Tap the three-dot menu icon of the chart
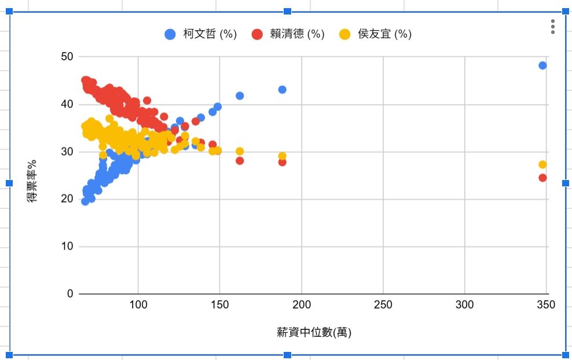553,27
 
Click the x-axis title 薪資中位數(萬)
314,333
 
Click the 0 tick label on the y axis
70,294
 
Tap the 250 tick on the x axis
383,305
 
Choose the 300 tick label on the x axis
465,305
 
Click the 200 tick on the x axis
302,305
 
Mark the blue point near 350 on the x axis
542,65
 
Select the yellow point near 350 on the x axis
542,164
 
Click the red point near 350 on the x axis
542,178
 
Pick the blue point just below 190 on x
282,90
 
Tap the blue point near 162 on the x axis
240,95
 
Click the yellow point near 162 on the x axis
240,152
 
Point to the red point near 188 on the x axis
282,162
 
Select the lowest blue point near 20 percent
85,201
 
